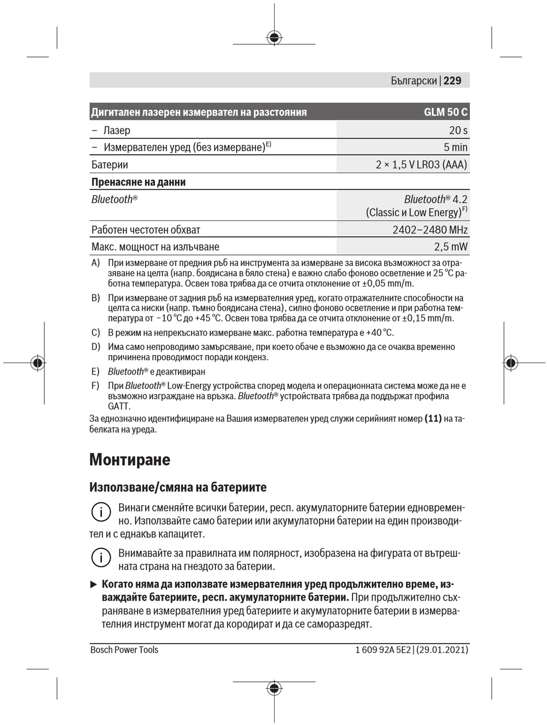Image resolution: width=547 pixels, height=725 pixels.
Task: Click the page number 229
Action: tap(453, 81)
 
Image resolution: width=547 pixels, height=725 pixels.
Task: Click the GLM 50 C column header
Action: tap(446, 112)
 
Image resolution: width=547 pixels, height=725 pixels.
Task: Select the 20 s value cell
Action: tap(458, 131)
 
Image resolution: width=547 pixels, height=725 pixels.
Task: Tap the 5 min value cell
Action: tap(455, 147)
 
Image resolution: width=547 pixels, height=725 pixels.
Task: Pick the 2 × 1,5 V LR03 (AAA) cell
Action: tap(421, 165)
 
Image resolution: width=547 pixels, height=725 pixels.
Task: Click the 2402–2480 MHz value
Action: tap(430, 230)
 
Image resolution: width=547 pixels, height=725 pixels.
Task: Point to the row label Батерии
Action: tap(109, 165)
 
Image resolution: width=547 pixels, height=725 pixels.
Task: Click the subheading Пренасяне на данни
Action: tap(138, 182)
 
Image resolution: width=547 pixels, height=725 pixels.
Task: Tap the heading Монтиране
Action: tap(130, 460)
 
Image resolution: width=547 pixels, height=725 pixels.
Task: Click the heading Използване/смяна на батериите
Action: tap(178, 487)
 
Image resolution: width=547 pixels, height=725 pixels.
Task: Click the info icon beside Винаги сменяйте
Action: tap(101, 512)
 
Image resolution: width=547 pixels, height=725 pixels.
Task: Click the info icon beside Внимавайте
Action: tap(101, 557)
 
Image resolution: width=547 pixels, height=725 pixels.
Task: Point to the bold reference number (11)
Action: tap(433, 419)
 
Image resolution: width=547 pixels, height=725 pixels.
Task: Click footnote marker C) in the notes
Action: tap(96, 333)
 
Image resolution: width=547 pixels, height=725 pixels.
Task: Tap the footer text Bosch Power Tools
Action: tap(124, 650)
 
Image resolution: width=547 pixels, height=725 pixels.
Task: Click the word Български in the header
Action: tap(413, 81)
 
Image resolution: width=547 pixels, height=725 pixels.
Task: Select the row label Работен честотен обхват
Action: tap(146, 230)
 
